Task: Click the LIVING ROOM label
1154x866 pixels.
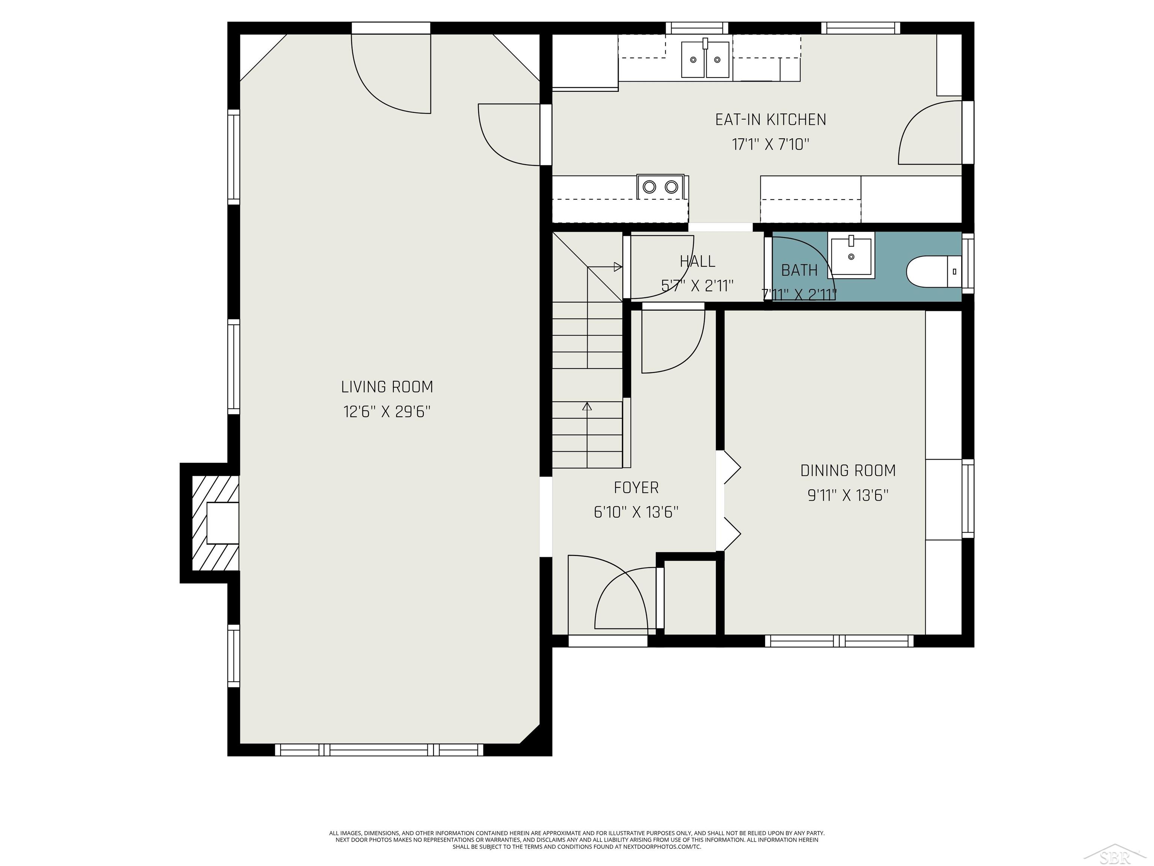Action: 387,387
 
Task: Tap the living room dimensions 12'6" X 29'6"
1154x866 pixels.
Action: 387,412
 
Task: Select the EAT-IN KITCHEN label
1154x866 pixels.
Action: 770,120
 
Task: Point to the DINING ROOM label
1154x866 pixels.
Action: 848,470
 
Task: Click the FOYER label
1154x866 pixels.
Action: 636,488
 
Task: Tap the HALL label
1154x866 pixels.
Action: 698,261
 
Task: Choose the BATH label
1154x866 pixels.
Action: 799,270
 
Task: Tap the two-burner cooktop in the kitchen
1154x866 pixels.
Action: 660,186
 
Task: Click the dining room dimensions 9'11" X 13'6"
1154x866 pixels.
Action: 848,495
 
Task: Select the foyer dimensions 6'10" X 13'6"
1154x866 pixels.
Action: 636,512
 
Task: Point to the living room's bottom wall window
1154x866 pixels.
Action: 379,749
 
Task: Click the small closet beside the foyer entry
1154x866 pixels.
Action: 690,597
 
